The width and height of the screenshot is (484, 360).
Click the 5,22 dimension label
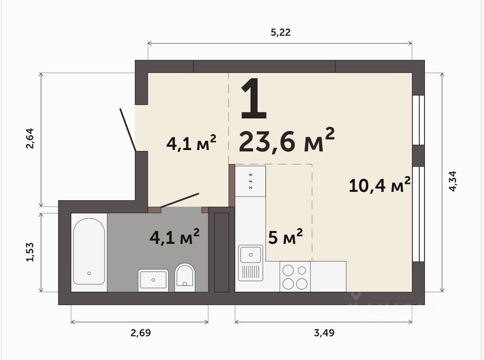tap(280, 32)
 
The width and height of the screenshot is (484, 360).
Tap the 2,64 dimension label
tap(30, 138)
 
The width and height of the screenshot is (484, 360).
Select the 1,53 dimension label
tap(30, 252)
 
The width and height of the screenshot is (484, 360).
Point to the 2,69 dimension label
tap(141, 333)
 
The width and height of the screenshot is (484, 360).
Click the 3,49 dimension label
tap(324, 333)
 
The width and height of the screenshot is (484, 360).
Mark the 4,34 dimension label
tap(452, 181)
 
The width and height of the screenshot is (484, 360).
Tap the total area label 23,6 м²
tap(286, 141)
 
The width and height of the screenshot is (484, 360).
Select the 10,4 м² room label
tap(380, 185)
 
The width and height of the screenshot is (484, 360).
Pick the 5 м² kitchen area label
tap(285, 236)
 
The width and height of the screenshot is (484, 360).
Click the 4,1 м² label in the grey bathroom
tap(174, 236)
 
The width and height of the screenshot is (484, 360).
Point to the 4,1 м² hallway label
tap(191, 143)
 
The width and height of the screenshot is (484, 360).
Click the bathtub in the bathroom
tap(89, 251)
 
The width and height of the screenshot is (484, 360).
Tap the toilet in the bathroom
tap(185, 277)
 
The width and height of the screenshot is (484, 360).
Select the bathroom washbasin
tap(153, 280)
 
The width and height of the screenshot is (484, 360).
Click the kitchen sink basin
tap(251, 255)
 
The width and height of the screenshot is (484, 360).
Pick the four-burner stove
tap(295, 277)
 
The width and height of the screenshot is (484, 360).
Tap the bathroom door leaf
tap(179, 200)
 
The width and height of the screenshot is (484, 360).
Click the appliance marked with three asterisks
tap(250, 181)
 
